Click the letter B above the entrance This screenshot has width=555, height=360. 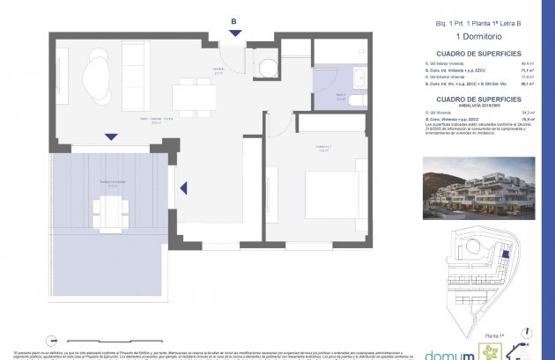click(x=233, y=21)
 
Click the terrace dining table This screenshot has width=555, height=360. click(x=110, y=209)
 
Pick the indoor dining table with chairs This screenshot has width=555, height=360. click(x=194, y=94)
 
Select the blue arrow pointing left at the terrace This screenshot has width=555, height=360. click(x=183, y=187)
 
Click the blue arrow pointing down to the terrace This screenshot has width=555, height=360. click(x=110, y=136)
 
